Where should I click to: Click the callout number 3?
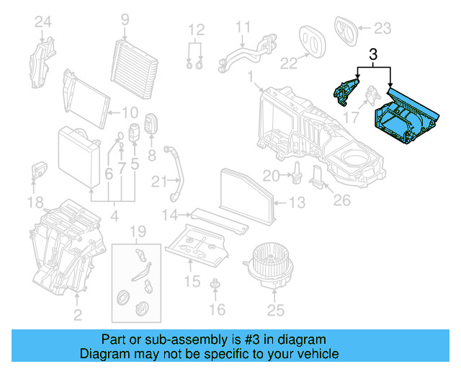[373, 54]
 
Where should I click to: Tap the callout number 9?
[125, 19]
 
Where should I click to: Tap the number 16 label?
[216, 310]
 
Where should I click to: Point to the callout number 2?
[77, 314]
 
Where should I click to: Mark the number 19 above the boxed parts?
[137, 232]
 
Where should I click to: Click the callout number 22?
[289, 63]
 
